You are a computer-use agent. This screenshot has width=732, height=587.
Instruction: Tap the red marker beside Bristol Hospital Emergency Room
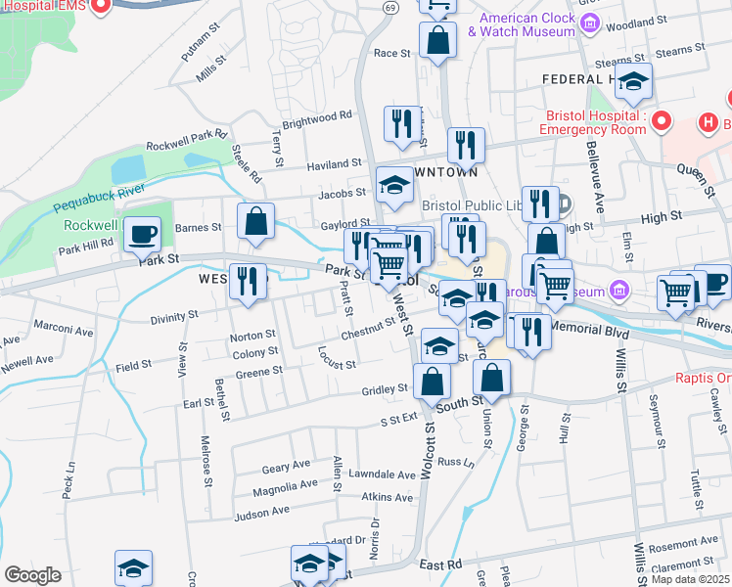(x=661, y=122)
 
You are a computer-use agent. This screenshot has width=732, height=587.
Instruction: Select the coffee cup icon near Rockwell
(x=143, y=234)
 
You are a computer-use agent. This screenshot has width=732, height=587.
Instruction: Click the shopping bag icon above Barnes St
(x=255, y=221)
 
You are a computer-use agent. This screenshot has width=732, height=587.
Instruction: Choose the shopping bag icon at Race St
(x=437, y=41)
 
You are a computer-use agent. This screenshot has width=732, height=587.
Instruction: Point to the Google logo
(x=33, y=575)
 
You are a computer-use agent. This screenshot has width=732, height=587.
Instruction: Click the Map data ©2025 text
(x=691, y=579)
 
